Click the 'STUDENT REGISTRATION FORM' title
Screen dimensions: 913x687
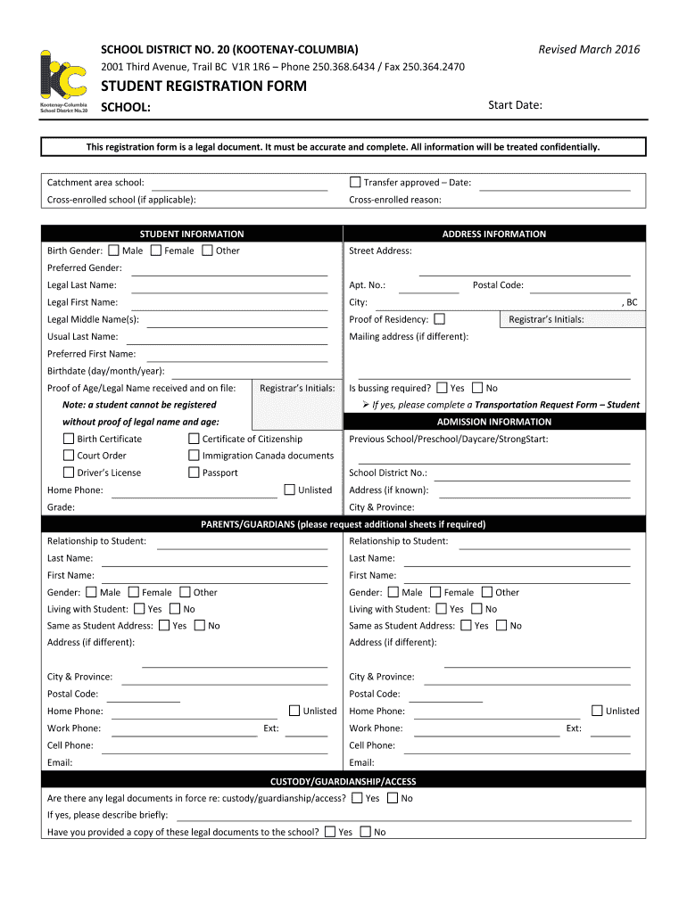click(x=203, y=86)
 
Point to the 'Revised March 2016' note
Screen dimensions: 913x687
click(x=589, y=50)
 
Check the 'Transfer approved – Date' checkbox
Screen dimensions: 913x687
click(x=355, y=183)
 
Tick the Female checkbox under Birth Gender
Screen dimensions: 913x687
click(x=156, y=251)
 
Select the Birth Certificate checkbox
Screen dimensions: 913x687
click(x=69, y=439)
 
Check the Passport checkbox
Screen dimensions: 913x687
click(x=194, y=473)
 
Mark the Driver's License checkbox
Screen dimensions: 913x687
click(x=69, y=473)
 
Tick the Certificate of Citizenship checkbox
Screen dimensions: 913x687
click(x=194, y=439)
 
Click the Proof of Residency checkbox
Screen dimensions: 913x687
click(x=439, y=319)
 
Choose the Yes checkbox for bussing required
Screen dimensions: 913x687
click(x=443, y=388)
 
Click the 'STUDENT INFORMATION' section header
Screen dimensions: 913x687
click(x=192, y=234)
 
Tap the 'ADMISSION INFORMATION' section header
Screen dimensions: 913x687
click(x=493, y=422)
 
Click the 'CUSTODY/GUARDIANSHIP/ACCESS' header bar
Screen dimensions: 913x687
click(x=343, y=781)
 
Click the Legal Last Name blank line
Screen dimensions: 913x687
click(x=229, y=286)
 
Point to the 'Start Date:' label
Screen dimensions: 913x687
click(x=515, y=105)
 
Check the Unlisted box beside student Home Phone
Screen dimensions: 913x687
click(x=290, y=489)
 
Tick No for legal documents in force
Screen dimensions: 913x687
click(x=393, y=798)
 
